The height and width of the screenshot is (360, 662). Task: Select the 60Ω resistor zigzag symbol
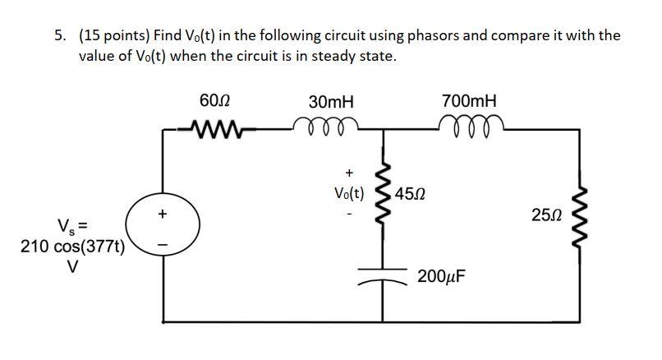[215, 127]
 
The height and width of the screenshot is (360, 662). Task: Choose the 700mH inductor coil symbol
[469, 125]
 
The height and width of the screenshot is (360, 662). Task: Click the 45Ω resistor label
[411, 195]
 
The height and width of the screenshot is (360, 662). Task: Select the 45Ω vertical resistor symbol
[383, 193]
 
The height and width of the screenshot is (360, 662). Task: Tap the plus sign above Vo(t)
[349, 173]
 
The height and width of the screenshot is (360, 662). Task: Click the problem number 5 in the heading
[59, 36]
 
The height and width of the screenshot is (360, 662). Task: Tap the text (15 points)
[115, 36]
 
